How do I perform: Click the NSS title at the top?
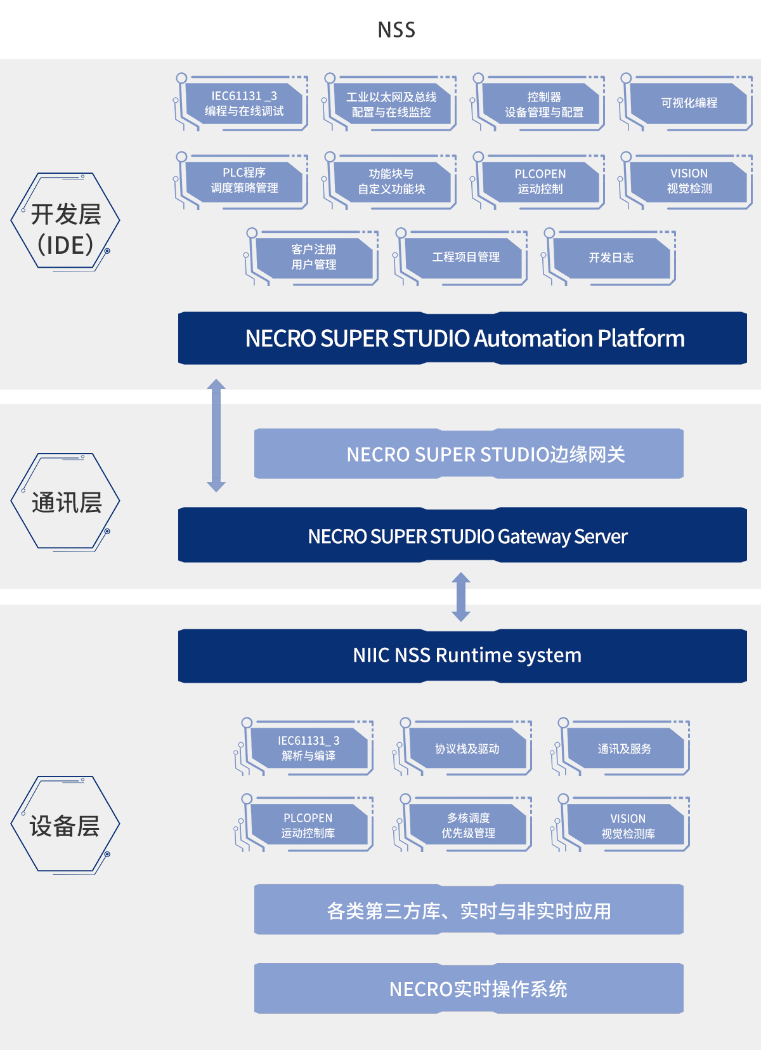[396, 30]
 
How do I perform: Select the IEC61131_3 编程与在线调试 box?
[244, 103]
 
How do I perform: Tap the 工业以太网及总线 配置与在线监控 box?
[391, 105]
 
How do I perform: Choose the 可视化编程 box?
[689, 103]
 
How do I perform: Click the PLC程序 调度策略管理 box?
[244, 180]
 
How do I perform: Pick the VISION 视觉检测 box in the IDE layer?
[689, 181]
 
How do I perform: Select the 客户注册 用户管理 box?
[314, 257]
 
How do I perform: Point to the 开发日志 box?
[611, 258]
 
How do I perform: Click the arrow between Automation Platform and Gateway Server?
[216, 435]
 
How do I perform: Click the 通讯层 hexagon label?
[66, 502]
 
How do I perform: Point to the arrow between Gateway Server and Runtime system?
[461, 596]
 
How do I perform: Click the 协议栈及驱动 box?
[467, 749]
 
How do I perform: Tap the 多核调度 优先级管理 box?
[468, 825]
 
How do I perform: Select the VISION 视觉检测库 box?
[627, 826]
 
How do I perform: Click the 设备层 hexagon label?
[65, 826]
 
